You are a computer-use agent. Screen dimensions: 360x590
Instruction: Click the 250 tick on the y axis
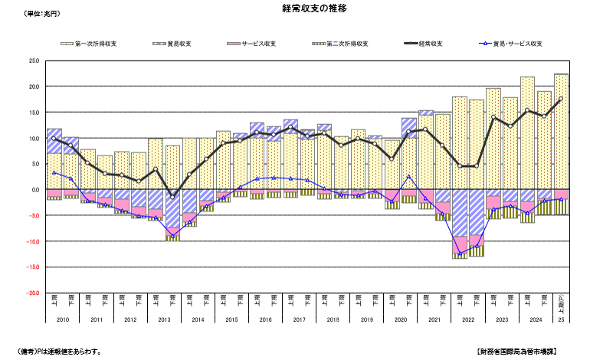34,61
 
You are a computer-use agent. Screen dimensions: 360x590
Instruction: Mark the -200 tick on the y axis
32,293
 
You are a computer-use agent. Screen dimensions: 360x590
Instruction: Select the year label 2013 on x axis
164,319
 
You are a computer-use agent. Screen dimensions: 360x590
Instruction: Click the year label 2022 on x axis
467,319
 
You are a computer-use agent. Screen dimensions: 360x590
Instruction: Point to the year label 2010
63,319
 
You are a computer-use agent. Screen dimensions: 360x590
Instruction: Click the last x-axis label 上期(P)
560,301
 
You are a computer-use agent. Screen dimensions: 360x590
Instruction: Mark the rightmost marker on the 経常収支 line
560,99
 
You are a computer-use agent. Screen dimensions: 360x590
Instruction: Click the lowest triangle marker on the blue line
460,254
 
